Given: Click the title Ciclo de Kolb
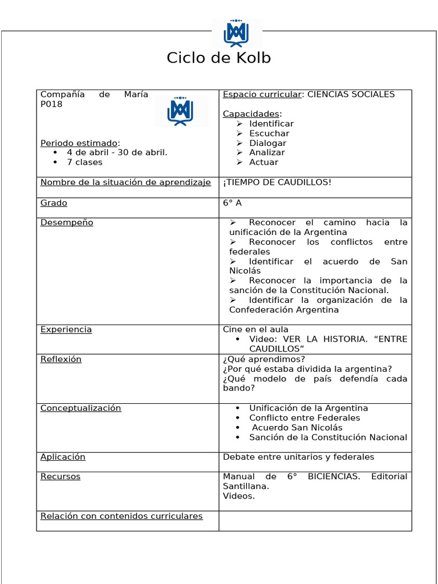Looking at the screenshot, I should [x=218, y=58].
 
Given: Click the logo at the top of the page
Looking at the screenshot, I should [x=236, y=33].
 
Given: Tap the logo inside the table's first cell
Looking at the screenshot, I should [x=180, y=111].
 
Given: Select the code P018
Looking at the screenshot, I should [x=51, y=104].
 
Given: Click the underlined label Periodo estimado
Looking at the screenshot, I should [x=79, y=143].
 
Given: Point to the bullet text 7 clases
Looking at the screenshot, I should [x=84, y=163].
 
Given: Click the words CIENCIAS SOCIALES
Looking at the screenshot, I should [x=351, y=95].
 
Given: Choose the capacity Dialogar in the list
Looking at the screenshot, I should [x=267, y=143].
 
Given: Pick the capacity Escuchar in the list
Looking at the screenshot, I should [x=269, y=133].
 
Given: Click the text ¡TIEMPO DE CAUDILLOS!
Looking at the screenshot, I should [x=277, y=182].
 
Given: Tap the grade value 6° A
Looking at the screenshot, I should [x=232, y=203].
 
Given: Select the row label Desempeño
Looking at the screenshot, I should [x=67, y=222].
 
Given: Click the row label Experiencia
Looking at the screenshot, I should [x=66, y=330].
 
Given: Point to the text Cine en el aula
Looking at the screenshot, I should [x=255, y=330].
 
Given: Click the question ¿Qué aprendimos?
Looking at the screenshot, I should [x=264, y=359].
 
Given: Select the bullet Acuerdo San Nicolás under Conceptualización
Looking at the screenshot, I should [x=297, y=428].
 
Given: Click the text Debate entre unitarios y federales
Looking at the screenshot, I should [x=298, y=457].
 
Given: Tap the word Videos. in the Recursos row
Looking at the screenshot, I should [x=239, y=496].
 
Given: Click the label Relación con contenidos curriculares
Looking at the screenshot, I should [x=121, y=516].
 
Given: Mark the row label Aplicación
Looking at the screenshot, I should [x=63, y=457].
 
